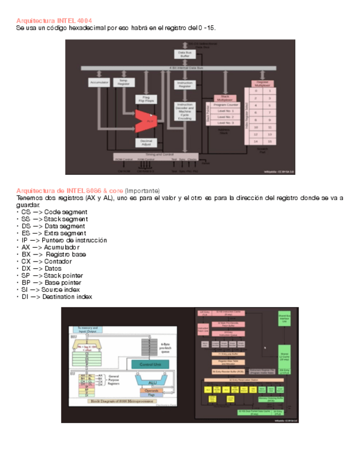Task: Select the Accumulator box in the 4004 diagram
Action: tap(99, 82)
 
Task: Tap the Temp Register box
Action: tap(124, 82)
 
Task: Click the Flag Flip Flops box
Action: tap(146, 99)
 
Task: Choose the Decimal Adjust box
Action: tap(146, 142)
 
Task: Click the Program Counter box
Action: tap(225, 105)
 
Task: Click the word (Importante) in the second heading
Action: tap(142, 190)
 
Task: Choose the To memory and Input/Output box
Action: tap(90, 329)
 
